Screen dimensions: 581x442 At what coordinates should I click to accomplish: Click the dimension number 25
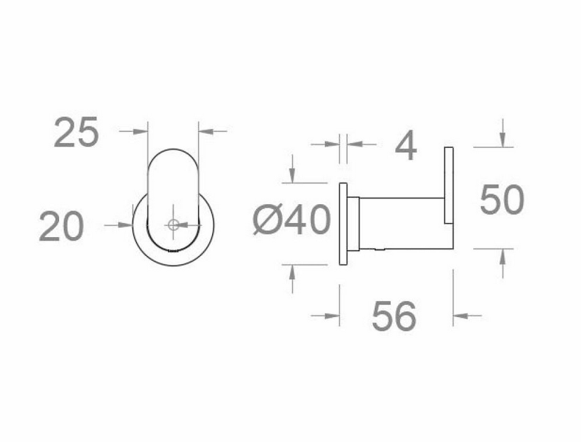tap(77, 132)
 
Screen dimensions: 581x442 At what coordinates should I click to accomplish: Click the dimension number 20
tap(62, 226)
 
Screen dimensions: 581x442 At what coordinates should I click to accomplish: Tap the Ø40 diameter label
tap(291, 220)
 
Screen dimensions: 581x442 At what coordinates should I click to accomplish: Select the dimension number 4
tap(406, 145)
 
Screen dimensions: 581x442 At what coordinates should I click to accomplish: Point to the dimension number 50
tap(502, 200)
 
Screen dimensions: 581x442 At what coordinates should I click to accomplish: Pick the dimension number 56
tap(394, 316)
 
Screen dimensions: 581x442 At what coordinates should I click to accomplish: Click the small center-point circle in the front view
tap(173, 224)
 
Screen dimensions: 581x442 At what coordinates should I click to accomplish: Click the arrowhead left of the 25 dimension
tap(140, 131)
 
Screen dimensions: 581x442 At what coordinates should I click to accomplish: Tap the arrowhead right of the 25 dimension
tap(205, 131)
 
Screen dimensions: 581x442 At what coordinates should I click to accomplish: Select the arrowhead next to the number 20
tap(126, 224)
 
